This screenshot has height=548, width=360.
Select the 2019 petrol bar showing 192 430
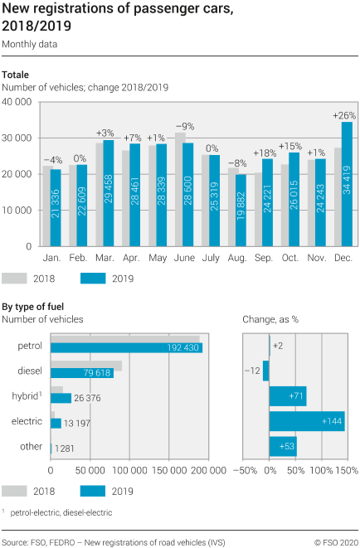(x=124, y=347)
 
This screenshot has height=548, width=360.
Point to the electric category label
(x=27, y=422)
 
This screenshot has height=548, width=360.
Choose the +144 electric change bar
(x=306, y=422)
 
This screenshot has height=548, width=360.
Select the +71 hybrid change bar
(x=287, y=396)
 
